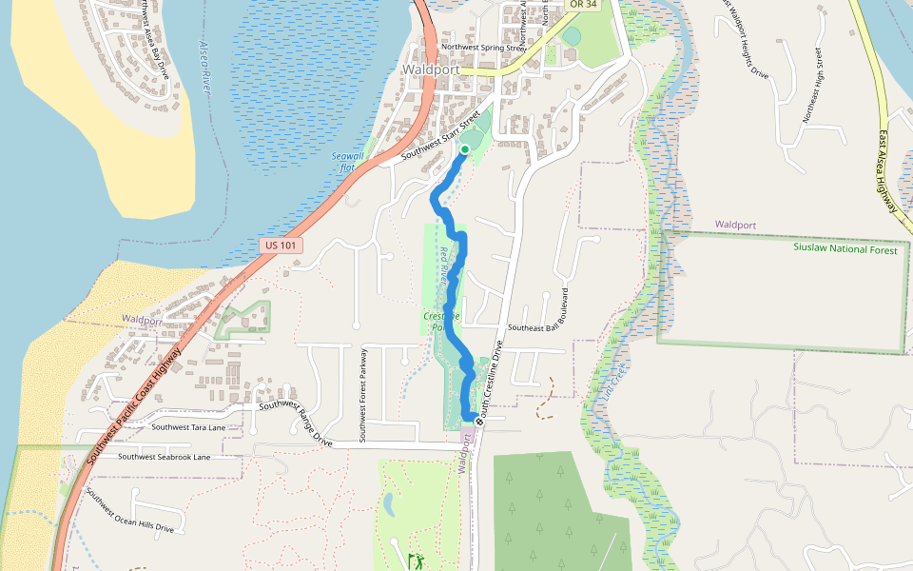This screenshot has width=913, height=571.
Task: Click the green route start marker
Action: [465, 149]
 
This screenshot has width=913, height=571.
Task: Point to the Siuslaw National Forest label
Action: [845, 248]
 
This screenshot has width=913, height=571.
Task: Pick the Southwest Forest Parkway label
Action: [363, 392]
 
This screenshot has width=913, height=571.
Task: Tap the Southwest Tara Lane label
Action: [188, 428]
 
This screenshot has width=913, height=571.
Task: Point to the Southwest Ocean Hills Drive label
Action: [129, 511]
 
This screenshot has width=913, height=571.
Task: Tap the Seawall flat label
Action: [347, 161]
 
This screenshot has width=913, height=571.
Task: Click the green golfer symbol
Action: [416, 561]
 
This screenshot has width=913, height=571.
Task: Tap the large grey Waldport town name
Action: [431, 70]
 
